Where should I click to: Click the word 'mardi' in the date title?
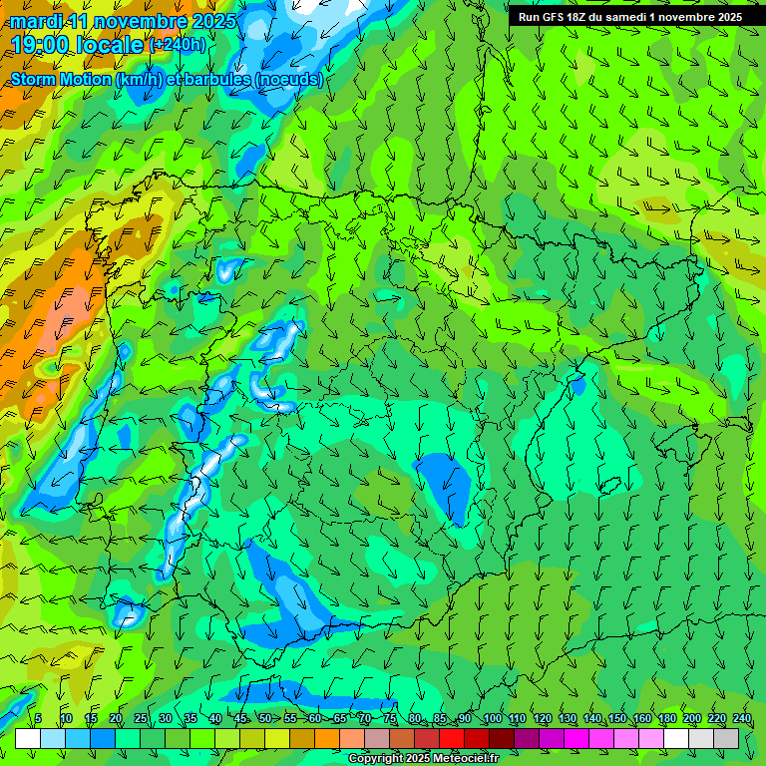[x=37, y=21]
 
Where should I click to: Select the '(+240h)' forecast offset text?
[x=177, y=45]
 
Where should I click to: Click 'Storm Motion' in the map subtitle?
[x=61, y=79]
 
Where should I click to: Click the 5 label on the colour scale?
[x=38, y=719]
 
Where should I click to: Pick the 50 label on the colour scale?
[x=265, y=719]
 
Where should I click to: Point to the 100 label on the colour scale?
[x=492, y=719]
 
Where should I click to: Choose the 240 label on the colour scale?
[x=741, y=719]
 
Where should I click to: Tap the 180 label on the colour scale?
[x=691, y=719]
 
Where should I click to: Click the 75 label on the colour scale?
[x=390, y=719]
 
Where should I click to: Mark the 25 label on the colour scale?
[x=141, y=719]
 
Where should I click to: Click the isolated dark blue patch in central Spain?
[x=445, y=485]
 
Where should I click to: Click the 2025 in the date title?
[x=214, y=21]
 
